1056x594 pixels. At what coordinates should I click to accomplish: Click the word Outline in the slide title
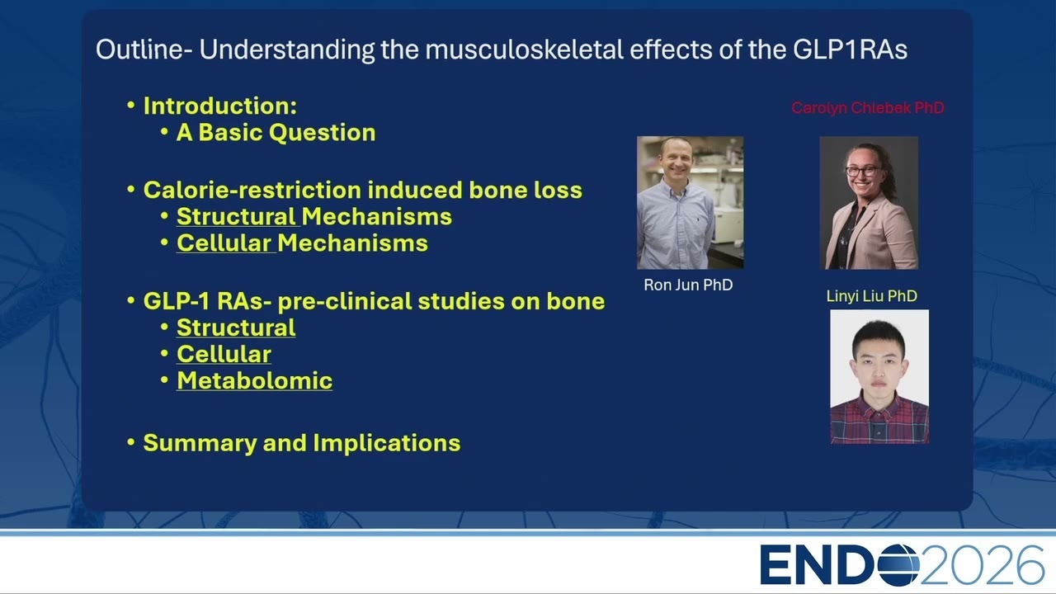tap(139, 49)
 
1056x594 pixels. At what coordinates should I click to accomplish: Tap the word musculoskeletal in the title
tap(524, 49)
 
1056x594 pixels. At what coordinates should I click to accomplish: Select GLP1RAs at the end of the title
tap(850, 49)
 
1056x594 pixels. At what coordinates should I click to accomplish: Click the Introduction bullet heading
tap(220, 106)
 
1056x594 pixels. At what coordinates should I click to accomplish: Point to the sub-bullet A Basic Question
tap(276, 133)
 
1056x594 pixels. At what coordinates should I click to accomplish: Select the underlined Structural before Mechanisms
tap(236, 216)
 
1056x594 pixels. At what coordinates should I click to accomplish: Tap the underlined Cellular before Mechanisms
tap(224, 243)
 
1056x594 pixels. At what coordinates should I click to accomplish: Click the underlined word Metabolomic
tap(255, 380)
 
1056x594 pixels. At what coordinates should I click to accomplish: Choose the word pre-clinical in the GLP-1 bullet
tap(345, 302)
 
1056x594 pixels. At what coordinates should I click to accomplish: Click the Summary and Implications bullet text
tap(302, 443)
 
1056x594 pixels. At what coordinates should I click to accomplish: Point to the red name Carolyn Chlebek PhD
tap(868, 108)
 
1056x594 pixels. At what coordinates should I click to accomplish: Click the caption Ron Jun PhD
tap(688, 285)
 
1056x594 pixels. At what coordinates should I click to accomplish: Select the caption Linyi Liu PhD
tap(872, 296)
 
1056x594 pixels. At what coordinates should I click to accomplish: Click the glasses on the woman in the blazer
tap(864, 171)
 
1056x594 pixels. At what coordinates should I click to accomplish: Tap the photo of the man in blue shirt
tap(691, 203)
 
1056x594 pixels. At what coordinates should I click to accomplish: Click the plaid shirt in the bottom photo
tap(879, 420)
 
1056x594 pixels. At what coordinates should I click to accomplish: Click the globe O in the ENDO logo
tap(898, 565)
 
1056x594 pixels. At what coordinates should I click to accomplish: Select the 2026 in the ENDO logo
tap(983, 565)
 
